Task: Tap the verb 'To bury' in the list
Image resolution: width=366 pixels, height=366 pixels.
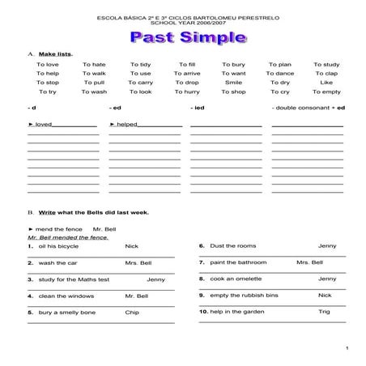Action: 233,64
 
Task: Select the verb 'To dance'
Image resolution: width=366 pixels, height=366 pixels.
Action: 279,73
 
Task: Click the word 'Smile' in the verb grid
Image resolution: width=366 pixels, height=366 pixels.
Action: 233,83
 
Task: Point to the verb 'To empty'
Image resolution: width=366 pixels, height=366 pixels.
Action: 326,91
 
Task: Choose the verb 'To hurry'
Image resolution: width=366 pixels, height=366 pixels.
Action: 187,91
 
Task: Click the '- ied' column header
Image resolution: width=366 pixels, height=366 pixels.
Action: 198,108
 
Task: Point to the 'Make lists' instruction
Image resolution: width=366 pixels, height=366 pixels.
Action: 55,53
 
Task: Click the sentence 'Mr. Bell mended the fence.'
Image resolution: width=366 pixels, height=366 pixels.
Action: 67,237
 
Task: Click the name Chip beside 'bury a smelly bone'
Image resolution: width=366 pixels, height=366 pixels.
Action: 132,312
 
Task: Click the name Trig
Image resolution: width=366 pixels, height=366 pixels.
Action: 324,312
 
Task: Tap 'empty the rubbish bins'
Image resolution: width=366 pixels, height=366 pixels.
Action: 243,296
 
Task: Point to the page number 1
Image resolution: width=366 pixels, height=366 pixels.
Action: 346,348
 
